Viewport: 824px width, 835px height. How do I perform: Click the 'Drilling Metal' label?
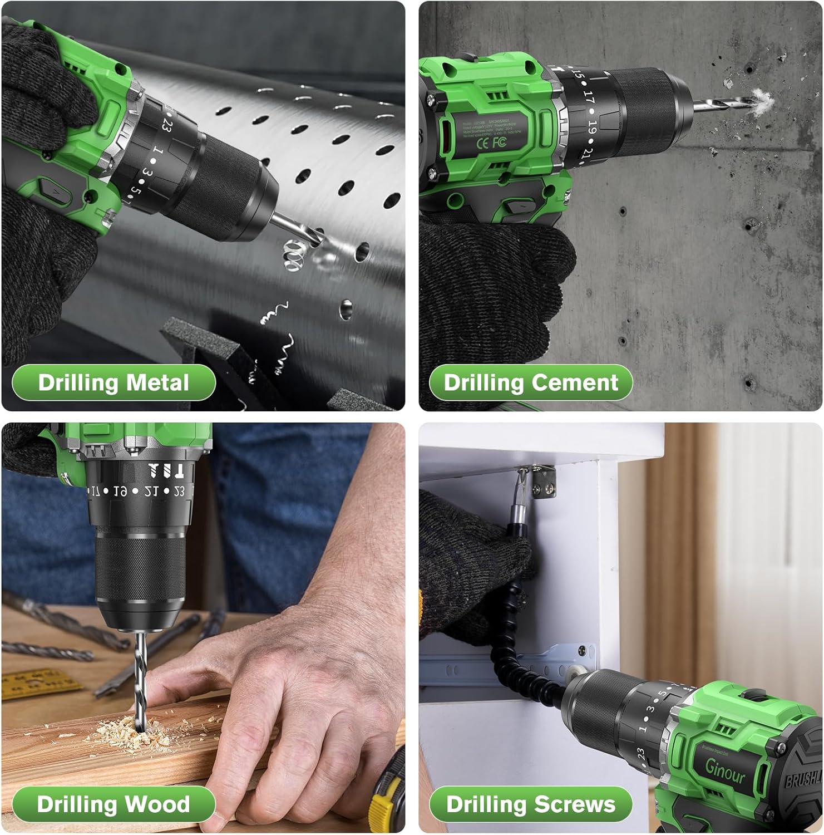114,383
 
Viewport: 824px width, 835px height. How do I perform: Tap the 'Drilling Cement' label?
531,383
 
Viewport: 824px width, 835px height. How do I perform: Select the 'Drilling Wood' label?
114,804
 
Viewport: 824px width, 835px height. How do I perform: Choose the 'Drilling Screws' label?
531,804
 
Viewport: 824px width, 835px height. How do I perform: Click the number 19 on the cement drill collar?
591,129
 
